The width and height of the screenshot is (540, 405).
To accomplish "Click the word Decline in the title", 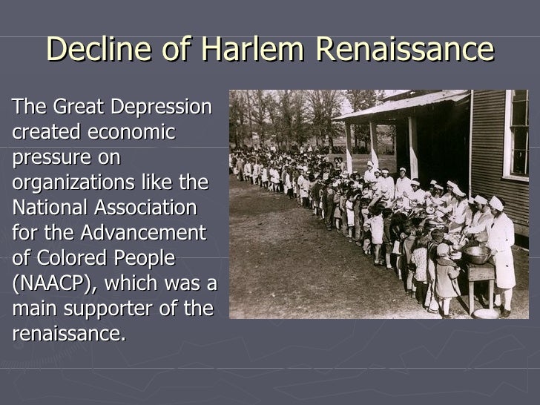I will click(93, 50).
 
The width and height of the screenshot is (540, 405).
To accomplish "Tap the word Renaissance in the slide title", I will click(404, 50).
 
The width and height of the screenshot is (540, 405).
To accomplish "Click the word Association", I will click(151, 207).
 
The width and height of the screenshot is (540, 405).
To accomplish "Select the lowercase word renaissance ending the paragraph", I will click(67, 333).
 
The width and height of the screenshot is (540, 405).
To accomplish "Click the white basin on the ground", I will click(486, 313).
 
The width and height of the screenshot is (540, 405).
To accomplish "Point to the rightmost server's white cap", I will click(496, 202).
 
